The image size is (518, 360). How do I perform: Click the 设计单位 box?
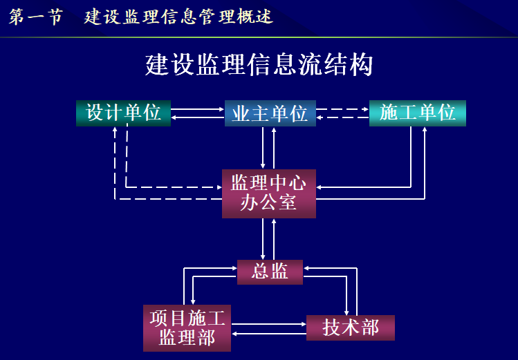123,113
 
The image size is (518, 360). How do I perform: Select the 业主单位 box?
270,113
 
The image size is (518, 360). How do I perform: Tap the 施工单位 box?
418,113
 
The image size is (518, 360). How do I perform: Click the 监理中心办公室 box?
268,193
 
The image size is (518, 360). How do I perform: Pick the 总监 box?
270,272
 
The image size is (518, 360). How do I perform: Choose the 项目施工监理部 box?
187,328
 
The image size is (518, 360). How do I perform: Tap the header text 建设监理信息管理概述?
178,17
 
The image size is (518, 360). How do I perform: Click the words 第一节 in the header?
35,17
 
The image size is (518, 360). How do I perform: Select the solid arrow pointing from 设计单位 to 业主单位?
198,108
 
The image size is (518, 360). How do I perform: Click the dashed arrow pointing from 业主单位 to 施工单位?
343,108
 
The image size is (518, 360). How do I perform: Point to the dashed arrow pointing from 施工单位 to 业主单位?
343,117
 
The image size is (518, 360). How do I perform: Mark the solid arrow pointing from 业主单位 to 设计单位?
198,117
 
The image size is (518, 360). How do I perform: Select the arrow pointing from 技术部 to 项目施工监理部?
270,334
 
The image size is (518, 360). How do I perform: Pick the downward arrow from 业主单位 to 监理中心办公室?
263,148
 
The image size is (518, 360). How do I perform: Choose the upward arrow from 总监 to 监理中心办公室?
275,238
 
